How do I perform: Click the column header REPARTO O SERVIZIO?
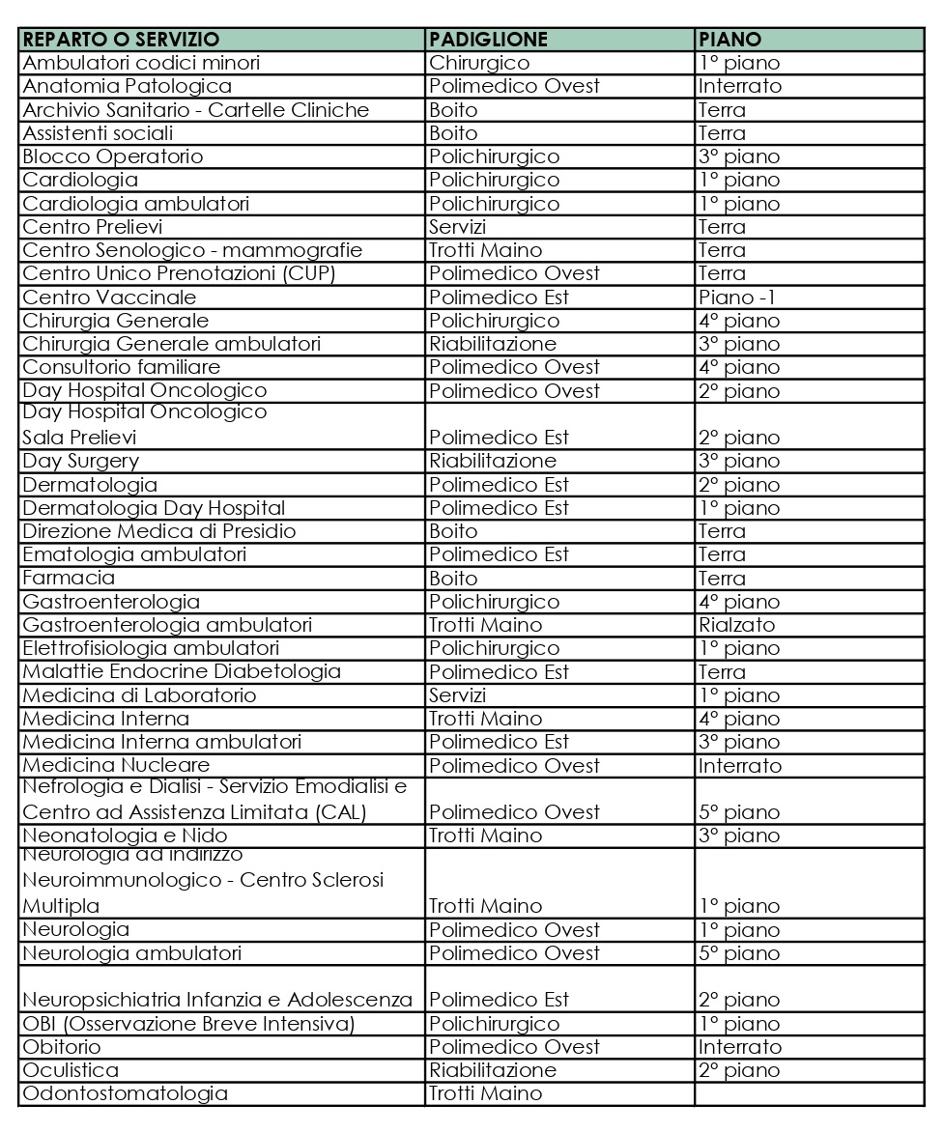[x=121, y=40]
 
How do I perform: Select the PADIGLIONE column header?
[x=488, y=40]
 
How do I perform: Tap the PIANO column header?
[x=729, y=40]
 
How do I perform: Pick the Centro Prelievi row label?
[x=92, y=227]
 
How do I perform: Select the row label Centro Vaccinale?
[x=109, y=297]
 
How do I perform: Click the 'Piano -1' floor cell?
[x=737, y=297]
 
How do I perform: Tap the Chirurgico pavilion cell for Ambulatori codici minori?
[x=479, y=63]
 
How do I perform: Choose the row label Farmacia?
[x=69, y=579]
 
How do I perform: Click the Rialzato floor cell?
[x=736, y=625]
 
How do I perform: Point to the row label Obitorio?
[x=61, y=1047]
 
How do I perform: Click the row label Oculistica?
[x=71, y=1070]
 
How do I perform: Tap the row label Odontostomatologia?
[x=125, y=1093]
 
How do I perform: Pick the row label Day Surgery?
[x=80, y=461]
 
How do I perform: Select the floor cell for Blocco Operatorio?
[x=738, y=156]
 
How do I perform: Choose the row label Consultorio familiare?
[x=121, y=367]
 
